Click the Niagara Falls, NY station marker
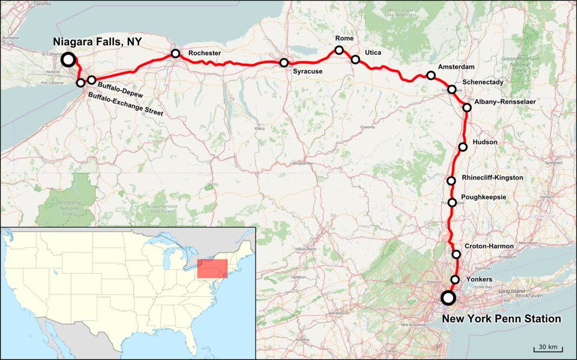[x=68, y=59]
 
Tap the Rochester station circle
[x=176, y=53]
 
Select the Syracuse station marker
[x=284, y=63]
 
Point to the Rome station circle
[x=339, y=50]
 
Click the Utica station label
[x=373, y=53]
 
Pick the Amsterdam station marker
[x=431, y=75]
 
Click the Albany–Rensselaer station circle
[x=467, y=108]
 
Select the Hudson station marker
[x=463, y=147]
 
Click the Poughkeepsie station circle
[x=452, y=203]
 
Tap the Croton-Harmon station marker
[x=456, y=254]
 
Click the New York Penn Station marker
[x=448, y=298]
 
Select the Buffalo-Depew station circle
[x=91, y=79]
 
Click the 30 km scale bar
[x=547, y=348]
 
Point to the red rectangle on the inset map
[x=212, y=269]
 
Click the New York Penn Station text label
[x=501, y=319]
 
